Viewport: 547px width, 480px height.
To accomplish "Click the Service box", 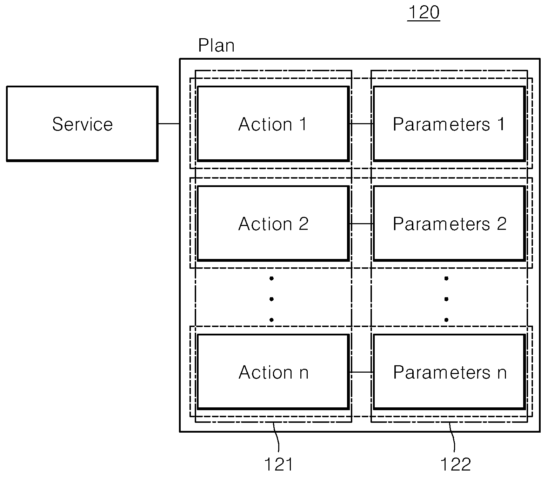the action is click(82, 124).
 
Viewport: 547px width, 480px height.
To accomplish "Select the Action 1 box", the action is click(273, 124).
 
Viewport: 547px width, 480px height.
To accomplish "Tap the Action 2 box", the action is click(273, 224).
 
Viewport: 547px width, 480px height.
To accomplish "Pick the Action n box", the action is click(273, 372).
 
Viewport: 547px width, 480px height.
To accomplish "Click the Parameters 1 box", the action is click(449, 124).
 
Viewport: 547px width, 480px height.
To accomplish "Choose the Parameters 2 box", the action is click(449, 224).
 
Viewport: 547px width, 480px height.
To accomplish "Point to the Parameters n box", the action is click(449, 372).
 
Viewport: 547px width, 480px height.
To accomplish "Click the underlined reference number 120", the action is click(424, 13).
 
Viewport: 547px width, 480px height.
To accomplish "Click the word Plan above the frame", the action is click(216, 46).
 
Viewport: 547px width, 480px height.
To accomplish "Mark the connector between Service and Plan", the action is click(169, 124).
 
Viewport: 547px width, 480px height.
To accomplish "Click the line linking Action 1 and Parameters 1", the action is click(361, 124).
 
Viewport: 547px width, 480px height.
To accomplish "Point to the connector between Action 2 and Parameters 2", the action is click(361, 224).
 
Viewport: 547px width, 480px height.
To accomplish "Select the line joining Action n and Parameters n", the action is click(361, 372).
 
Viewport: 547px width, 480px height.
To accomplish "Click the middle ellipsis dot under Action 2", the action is click(271, 299).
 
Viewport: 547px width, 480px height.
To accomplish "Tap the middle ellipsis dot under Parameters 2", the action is click(446, 299).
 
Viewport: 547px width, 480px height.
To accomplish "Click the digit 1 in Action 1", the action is click(303, 124).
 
